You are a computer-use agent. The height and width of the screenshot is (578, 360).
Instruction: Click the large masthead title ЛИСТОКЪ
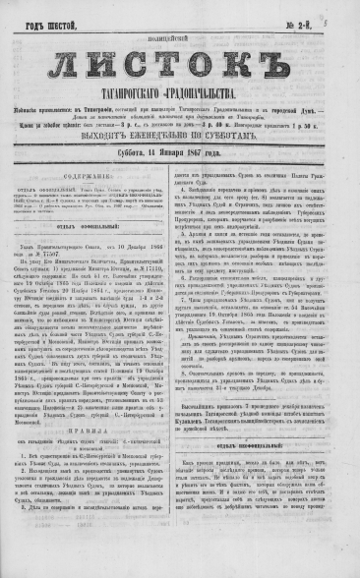click(x=180, y=66)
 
